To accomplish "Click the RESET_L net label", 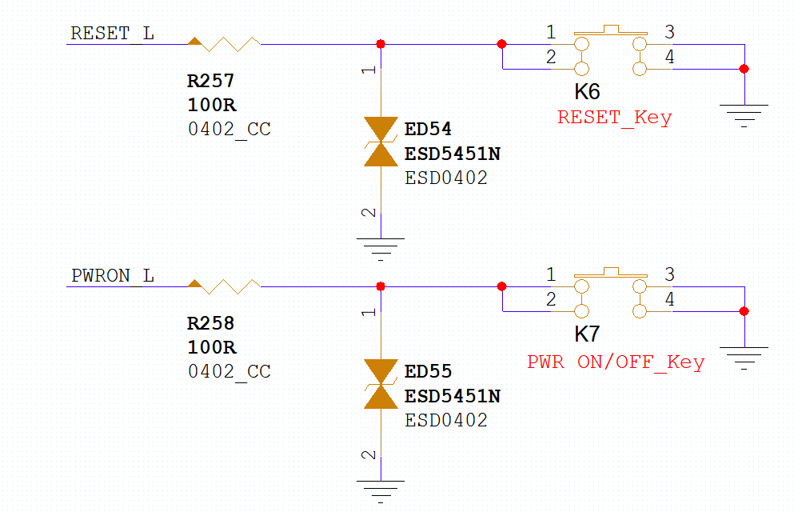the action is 112,34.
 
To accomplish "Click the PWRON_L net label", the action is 113,276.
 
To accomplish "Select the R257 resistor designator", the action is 210,81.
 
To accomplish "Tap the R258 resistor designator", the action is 210,323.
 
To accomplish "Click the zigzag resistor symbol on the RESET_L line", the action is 224,44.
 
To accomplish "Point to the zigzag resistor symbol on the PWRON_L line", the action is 224,286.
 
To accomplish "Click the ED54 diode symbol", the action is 381,142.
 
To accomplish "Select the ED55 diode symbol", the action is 381,384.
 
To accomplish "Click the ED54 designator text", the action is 428,129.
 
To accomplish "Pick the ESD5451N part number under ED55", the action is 453,396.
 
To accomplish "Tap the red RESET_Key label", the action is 615,118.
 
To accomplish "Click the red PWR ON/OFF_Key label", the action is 616,362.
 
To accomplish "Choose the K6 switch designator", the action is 587,92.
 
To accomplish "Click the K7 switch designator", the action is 587,334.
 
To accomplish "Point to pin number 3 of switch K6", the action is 669,32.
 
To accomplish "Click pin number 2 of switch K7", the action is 551,299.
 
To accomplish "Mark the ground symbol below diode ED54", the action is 381,249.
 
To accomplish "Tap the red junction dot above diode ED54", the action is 381,44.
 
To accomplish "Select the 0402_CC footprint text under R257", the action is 229,129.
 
